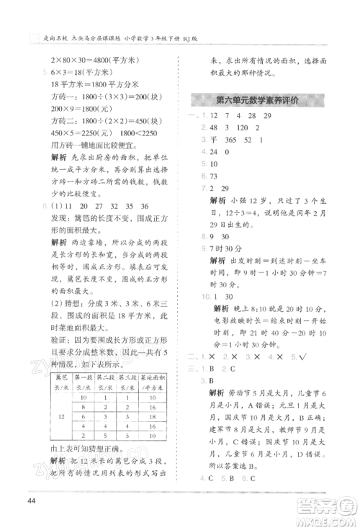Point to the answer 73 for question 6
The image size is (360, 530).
click(212, 176)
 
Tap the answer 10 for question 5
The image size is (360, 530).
click(213, 164)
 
